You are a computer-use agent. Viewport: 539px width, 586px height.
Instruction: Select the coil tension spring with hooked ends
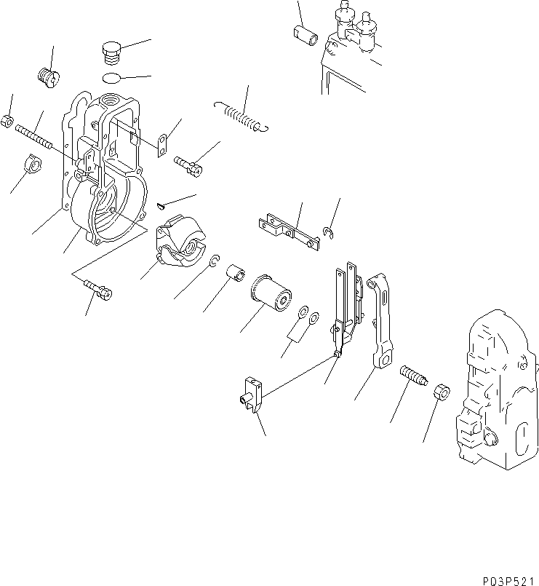click(241, 116)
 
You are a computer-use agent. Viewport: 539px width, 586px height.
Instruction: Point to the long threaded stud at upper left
click(35, 136)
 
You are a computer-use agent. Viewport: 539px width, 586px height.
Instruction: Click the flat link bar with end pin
click(290, 230)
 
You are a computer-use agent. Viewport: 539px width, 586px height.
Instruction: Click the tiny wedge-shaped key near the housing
click(161, 207)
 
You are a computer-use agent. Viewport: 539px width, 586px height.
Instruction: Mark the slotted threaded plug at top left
click(48, 75)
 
